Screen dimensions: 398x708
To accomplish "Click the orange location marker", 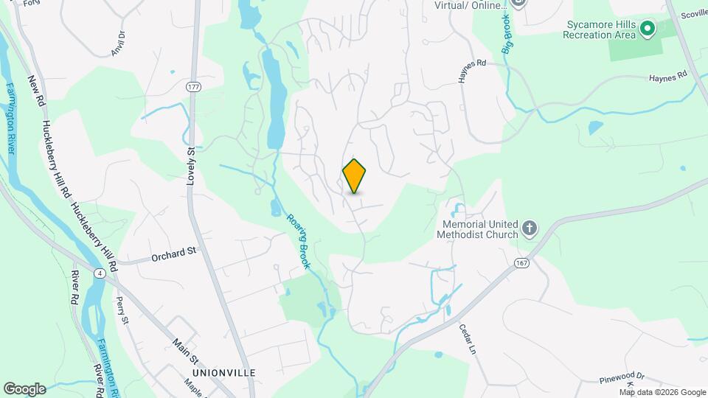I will (355, 175).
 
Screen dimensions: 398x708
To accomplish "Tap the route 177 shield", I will (193, 87).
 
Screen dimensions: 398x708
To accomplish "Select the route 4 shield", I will (99, 274).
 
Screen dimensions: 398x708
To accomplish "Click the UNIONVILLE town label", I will (221, 373).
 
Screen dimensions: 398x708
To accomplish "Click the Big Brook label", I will (508, 34).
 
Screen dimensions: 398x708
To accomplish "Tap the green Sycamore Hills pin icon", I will (648, 29).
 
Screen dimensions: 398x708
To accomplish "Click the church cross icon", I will (530, 228).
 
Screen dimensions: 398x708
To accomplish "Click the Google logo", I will (24, 388).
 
